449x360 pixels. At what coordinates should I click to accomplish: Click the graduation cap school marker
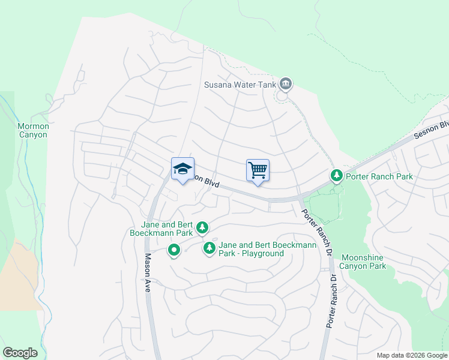pos(182,169)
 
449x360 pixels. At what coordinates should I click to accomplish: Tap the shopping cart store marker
pos(258,170)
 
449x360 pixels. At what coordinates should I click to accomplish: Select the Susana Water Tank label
pos(240,85)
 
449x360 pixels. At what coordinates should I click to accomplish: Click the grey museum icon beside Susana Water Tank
pos(286,85)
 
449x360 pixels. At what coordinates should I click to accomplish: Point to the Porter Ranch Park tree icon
pos(337,176)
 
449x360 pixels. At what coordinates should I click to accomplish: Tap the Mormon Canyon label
pos(32,130)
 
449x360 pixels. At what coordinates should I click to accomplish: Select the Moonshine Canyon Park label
pos(363,262)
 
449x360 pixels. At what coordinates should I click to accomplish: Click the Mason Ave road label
pos(147,272)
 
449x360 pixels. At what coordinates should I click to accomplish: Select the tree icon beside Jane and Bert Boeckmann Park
pos(203,227)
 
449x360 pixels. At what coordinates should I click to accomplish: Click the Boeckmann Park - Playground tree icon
pos(209,248)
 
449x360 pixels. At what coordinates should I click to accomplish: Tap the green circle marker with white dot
pos(174,250)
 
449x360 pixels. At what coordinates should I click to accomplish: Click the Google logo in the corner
pos(20,353)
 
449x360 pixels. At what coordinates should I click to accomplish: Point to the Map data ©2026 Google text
pos(412,355)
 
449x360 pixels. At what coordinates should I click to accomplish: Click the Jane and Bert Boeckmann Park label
pos(162,228)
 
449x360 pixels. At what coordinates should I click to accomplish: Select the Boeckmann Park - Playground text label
pos(251,249)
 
